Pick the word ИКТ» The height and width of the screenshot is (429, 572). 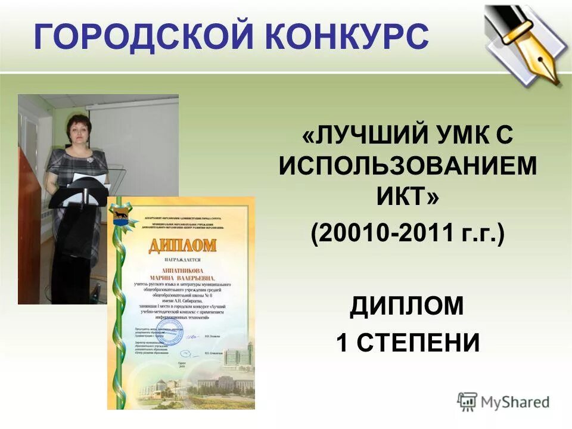pos(408,197)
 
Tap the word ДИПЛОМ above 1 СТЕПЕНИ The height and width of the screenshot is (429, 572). pos(407,306)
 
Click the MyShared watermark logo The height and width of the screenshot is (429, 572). pos(503,402)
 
